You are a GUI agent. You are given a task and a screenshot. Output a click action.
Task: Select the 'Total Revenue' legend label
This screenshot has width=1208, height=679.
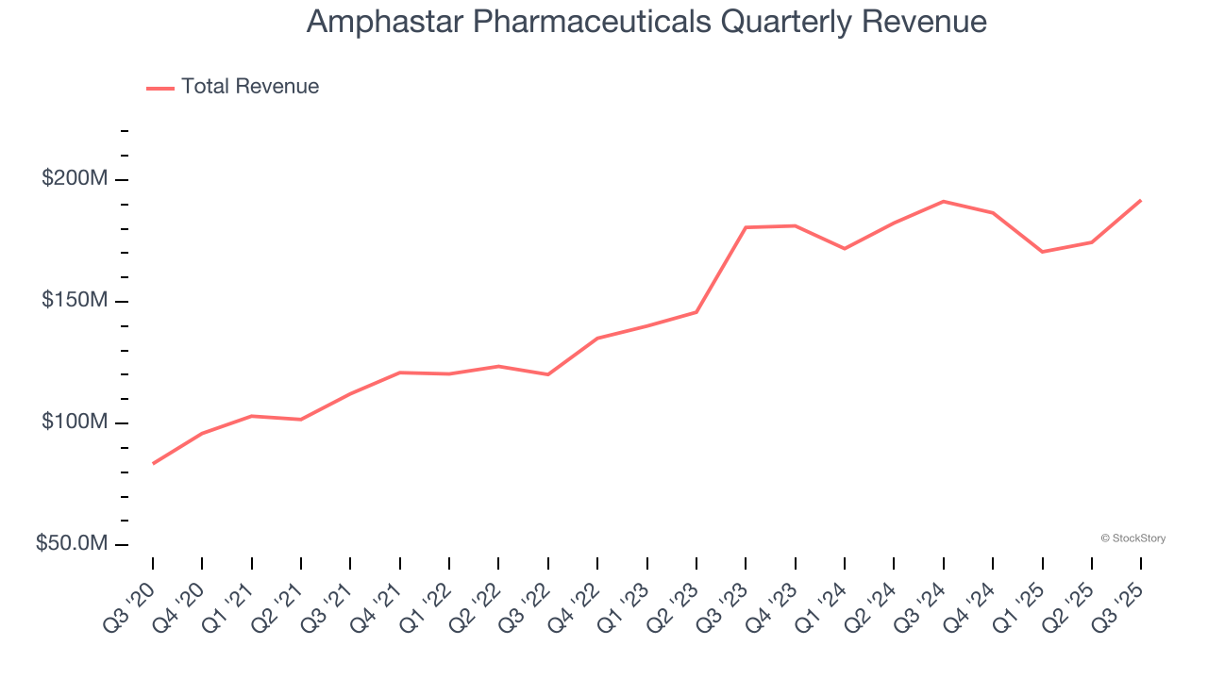(x=250, y=87)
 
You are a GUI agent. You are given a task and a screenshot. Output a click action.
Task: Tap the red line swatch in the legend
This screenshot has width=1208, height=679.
(x=160, y=88)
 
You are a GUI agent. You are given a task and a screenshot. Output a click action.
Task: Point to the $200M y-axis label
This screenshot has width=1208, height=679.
(x=75, y=178)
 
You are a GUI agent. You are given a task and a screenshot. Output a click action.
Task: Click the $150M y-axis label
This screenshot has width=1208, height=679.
(x=75, y=300)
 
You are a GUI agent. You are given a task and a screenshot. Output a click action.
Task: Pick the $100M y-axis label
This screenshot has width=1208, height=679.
(x=75, y=422)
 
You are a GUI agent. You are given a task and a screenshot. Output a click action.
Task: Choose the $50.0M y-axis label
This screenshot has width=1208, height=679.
(x=72, y=543)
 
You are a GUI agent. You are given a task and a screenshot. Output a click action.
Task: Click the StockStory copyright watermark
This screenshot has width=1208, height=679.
(x=1132, y=538)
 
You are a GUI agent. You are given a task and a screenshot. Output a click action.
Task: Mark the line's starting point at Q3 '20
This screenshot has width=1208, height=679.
(x=153, y=463)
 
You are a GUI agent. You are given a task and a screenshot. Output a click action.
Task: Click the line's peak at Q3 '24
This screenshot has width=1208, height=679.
(x=944, y=201)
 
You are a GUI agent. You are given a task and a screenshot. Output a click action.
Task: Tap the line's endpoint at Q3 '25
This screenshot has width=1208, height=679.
(x=1141, y=200)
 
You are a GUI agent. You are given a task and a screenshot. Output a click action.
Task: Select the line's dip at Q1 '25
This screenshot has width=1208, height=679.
(x=1042, y=252)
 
